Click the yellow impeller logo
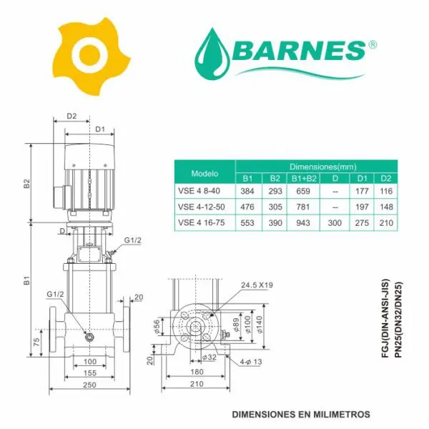pyautogui.click(x=91, y=56)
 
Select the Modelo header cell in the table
pyautogui.click(x=204, y=174)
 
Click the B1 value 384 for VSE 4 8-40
pyautogui.click(x=247, y=191)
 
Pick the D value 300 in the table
pyautogui.click(x=335, y=222)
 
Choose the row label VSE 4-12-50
pyautogui.click(x=202, y=207)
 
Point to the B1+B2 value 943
pyautogui.click(x=303, y=222)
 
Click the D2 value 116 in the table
pyautogui.click(x=386, y=191)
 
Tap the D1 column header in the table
pyautogui.click(x=362, y=178)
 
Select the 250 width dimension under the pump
pyautogui.click(x=89, y=385)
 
